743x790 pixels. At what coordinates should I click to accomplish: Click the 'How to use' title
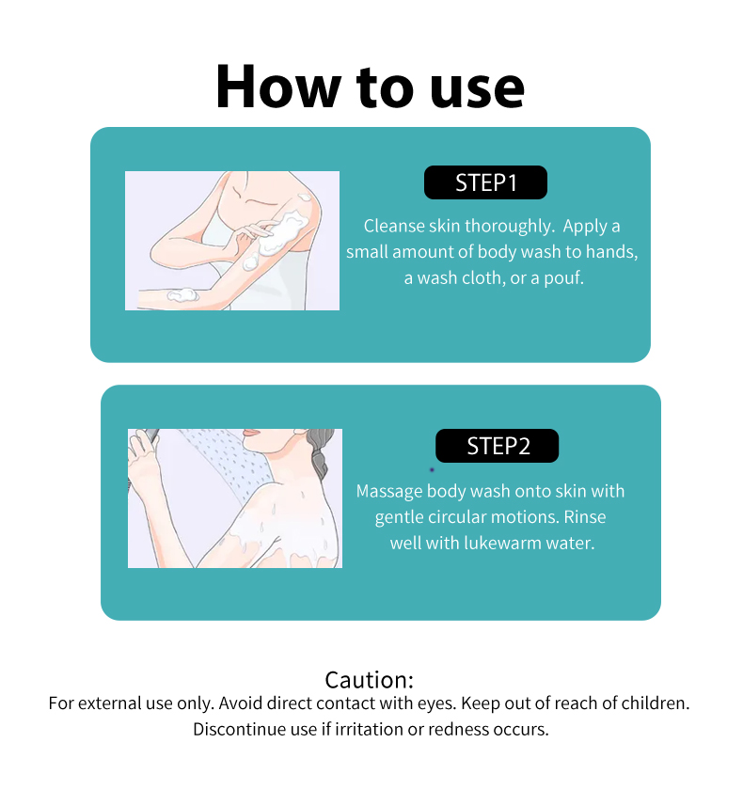tap(371, 87)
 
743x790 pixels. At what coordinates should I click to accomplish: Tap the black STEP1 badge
tap(485, 182)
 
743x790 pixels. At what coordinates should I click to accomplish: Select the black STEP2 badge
tap(498, 446)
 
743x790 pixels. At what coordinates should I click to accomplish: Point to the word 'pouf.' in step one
tap(563, 278)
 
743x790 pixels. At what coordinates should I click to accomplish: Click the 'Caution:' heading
tap(370, 680)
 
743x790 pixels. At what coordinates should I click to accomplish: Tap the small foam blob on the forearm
tap(182, 294)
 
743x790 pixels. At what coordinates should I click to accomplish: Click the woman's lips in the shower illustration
tap(251, 434)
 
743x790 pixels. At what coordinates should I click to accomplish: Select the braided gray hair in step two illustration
tap(321, 452)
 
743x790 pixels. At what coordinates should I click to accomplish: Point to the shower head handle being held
tap(150, 435)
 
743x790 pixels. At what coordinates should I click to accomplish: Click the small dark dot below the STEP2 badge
tap(432, 470)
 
